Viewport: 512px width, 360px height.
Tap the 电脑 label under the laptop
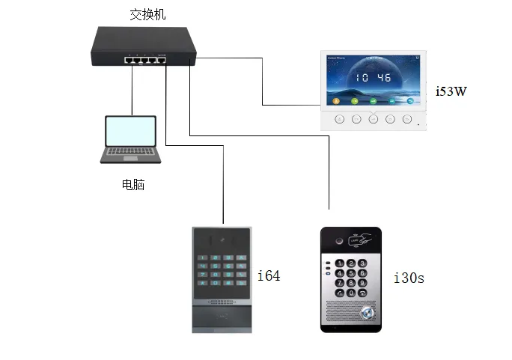[132, 184]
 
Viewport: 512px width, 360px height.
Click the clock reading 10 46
[373, 77]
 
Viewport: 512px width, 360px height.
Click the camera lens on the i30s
[339, 242]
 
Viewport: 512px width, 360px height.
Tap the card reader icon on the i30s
[361, 242]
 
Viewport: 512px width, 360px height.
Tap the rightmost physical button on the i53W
[406, 118]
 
